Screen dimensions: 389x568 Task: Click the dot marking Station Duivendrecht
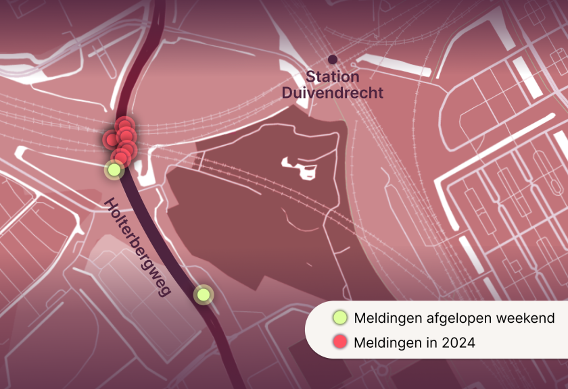click(x=332, y=59)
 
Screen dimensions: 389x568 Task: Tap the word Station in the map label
click(x=333, y=77)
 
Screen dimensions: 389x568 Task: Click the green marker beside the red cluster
click(x=115, y=170)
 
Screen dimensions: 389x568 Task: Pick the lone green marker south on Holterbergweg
click(x=203, y=294)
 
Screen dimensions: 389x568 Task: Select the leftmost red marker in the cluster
click(x=110, y=140)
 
